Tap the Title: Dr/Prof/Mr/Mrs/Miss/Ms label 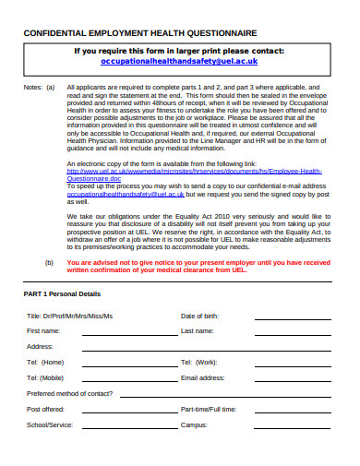pyautogui.click(x=69, y=316)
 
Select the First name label pyautogui.click(x=43, y=330)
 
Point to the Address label pyautogui.click(x=40, y=345)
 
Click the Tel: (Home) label pyautogui.click(x=45, y=362)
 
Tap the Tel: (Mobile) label pyautogui.click(x=46, y=377)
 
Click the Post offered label pyautogui.click(x=45, y=409)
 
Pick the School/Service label pyautogui.click(x=50, y=424)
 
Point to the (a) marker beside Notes pyautogui.click(x=50, y=88)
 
